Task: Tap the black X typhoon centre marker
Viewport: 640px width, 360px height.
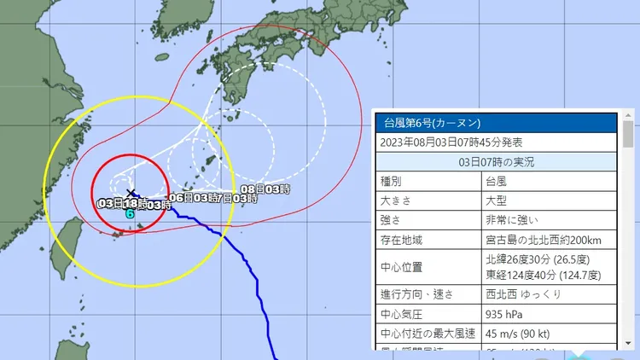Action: (x=130, y=193)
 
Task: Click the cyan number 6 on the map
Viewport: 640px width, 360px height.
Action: (x=130, y=214)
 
